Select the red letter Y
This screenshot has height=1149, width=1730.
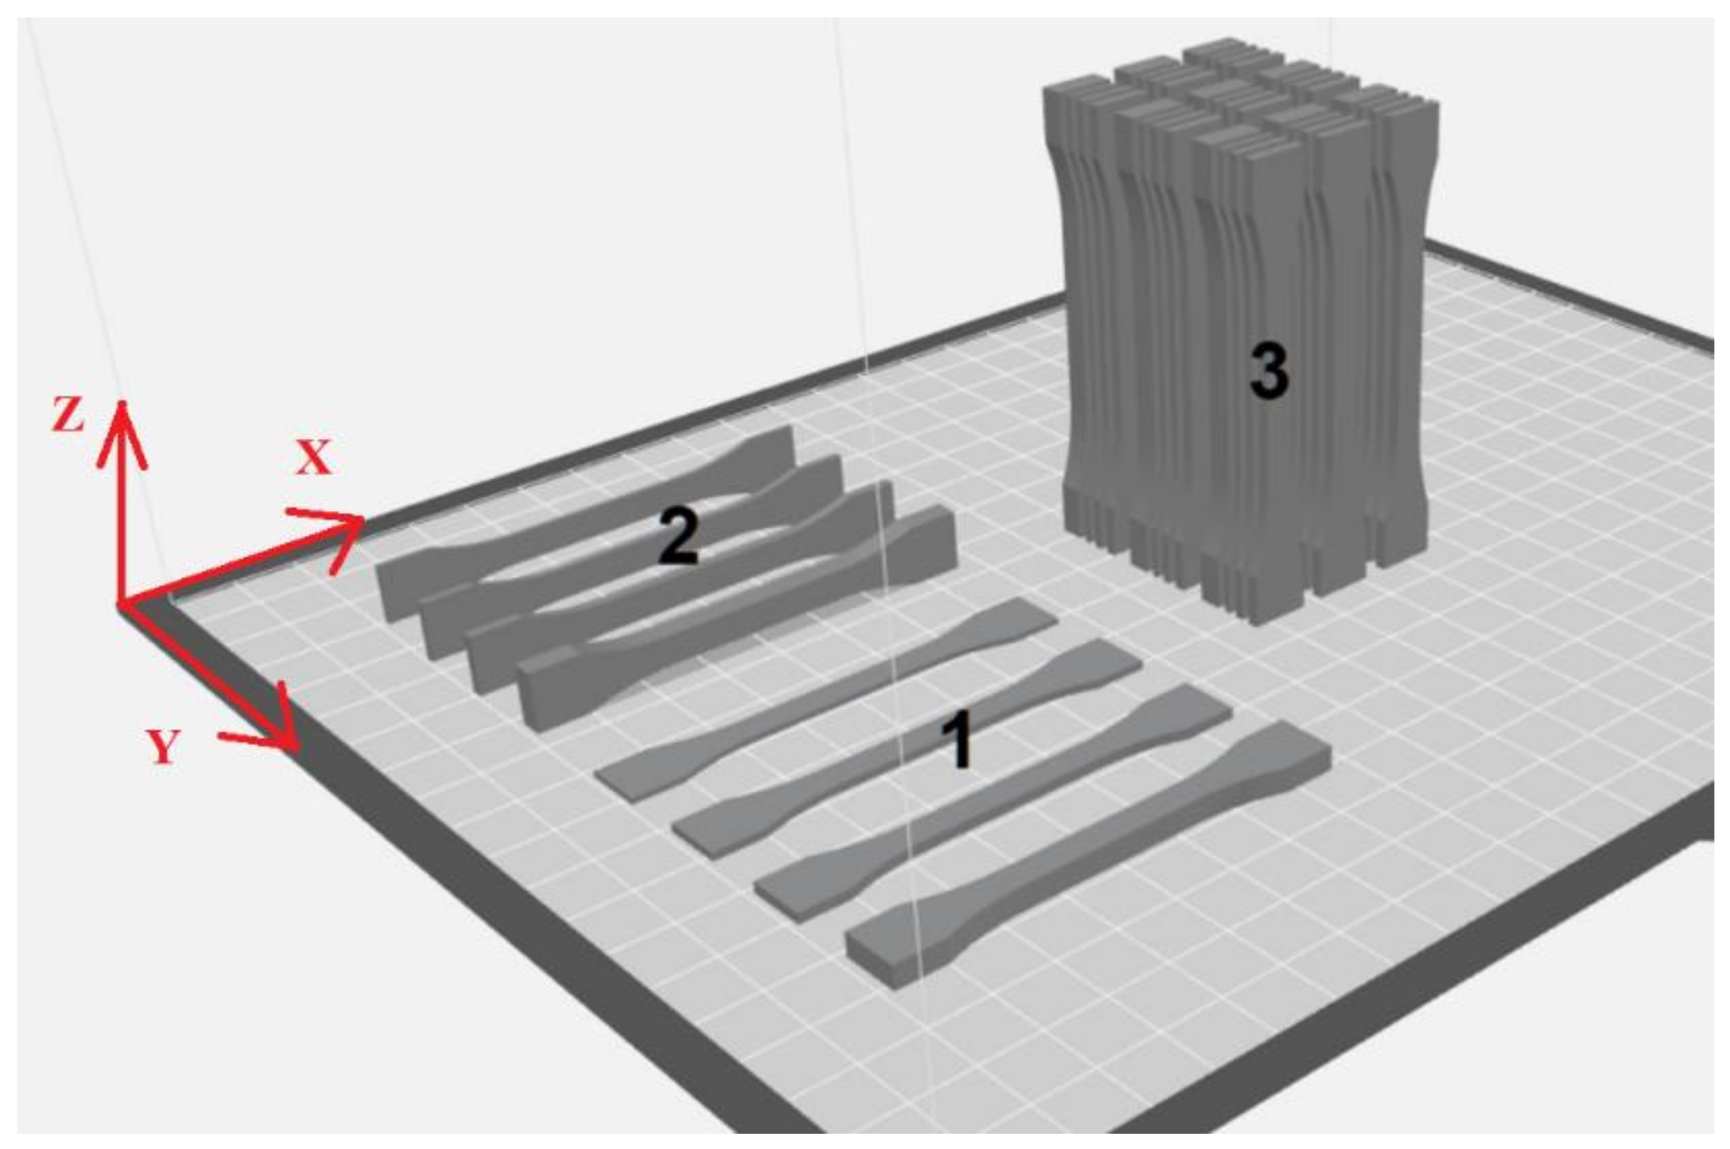pyautogui.click(x=164, y=746)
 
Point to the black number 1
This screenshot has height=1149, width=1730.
pyautogui.click(x=958, y=740)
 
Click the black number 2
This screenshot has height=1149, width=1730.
pyautogui.click(x=677, y=536)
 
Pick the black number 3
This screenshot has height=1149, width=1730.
pyautogui.click(x=1269, y=370)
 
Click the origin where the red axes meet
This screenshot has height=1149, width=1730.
pyautogui.click(x=120, y=604)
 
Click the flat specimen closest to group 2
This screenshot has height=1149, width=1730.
pyautogui.click(x=826, y=697)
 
